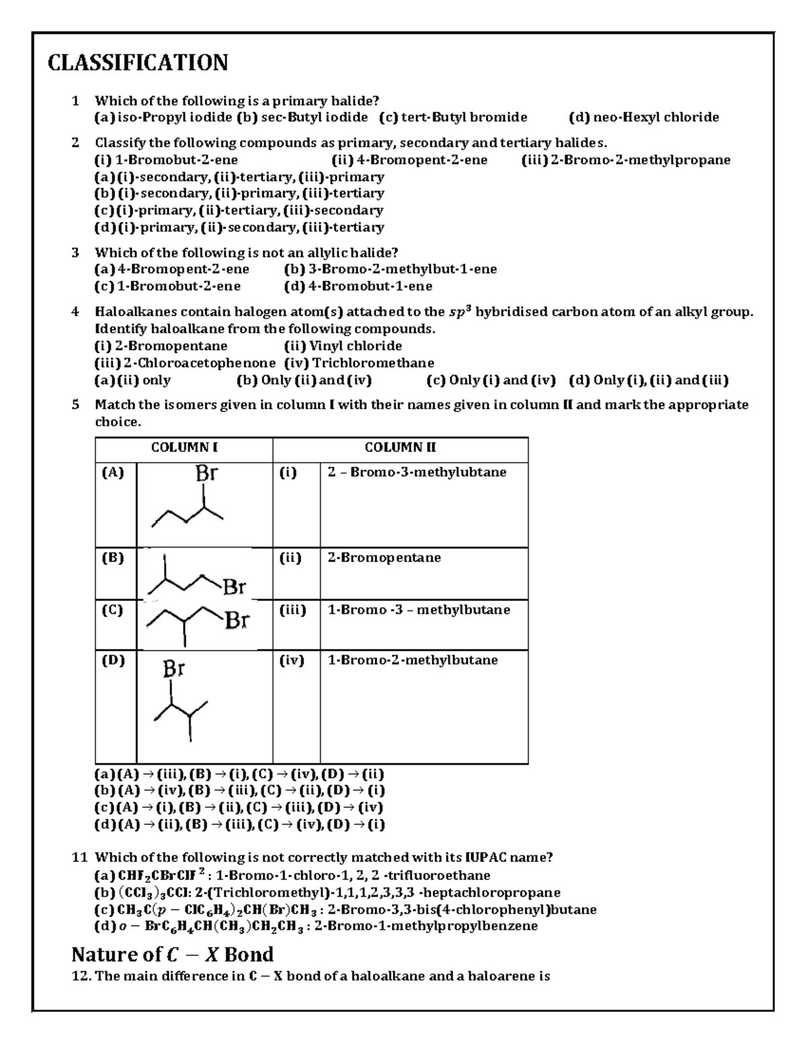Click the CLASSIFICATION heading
pyautogui.click(x=138, y=63)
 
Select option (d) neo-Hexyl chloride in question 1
pyautogui.click(x=644, y=118)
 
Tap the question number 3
pyautogui.click(x=75, y=253)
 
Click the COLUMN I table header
pyautogui.click(x=184, y=448)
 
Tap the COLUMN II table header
pyautogui.click(x=400, y=448)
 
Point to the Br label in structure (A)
pyautogui.click(x=206, y=473)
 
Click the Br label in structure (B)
pyautogui.click(x=234, y=588)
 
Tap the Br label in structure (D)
pyautogui.click(x=174, y=669)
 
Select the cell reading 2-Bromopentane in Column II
pyautogui.click(x=384, y=558)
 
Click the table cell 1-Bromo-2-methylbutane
pyautogui.click(x=412, y=660)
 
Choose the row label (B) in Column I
pyautogui.click(x=112, y=558)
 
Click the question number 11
pyautogui.click(x=80, y=857)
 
